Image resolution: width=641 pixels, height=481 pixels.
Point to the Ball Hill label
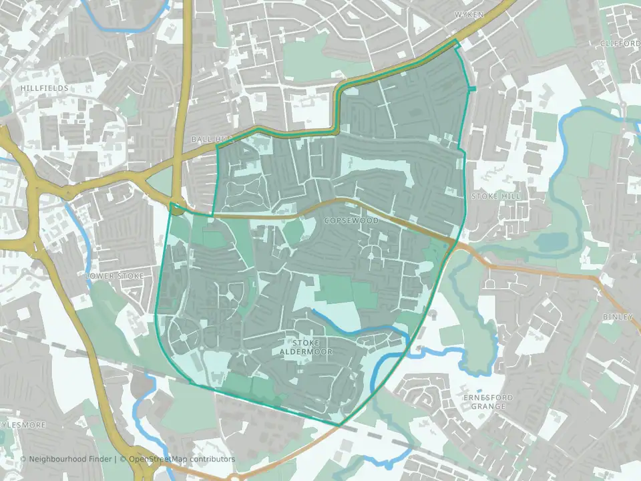click(x=208, y=139)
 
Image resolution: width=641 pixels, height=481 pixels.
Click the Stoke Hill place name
click(x=495, y=196)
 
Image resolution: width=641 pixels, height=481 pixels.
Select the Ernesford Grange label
click(x=488, y=402)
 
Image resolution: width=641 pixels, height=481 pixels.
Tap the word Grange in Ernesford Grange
click(x=488, y=406)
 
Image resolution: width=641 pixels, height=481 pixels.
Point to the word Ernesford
click(x=488, y=397)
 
